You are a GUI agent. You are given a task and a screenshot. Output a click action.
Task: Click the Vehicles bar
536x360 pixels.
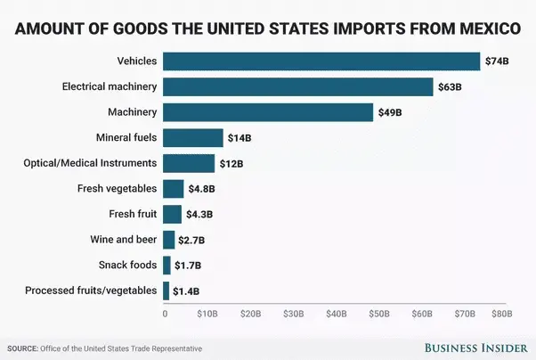pos(321,61)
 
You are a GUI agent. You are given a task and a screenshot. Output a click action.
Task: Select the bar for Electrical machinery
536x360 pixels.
pos(297,86)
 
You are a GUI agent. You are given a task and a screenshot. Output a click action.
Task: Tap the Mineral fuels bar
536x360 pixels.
pos(192,137)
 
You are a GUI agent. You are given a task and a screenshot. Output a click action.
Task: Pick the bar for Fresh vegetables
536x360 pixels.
pos(173,189)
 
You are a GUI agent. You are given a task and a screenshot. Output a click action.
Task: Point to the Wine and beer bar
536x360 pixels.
pos(168,240)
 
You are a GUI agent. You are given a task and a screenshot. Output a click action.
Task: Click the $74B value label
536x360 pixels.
pos(496,61)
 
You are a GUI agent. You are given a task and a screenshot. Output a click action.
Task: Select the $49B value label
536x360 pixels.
pos(389,112)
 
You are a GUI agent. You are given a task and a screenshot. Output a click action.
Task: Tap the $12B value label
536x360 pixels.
pos(231,164)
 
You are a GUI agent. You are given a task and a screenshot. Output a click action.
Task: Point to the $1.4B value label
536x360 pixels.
pos(185,291)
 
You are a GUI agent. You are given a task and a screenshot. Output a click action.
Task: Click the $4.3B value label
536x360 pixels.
pos(199,215)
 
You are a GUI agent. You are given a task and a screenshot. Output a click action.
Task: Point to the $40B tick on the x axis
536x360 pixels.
pos(336,314)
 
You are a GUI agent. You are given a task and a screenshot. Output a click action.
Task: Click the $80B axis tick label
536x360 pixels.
pos(502,314)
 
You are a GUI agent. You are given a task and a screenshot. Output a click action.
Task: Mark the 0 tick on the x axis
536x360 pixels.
pos(165,314)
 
